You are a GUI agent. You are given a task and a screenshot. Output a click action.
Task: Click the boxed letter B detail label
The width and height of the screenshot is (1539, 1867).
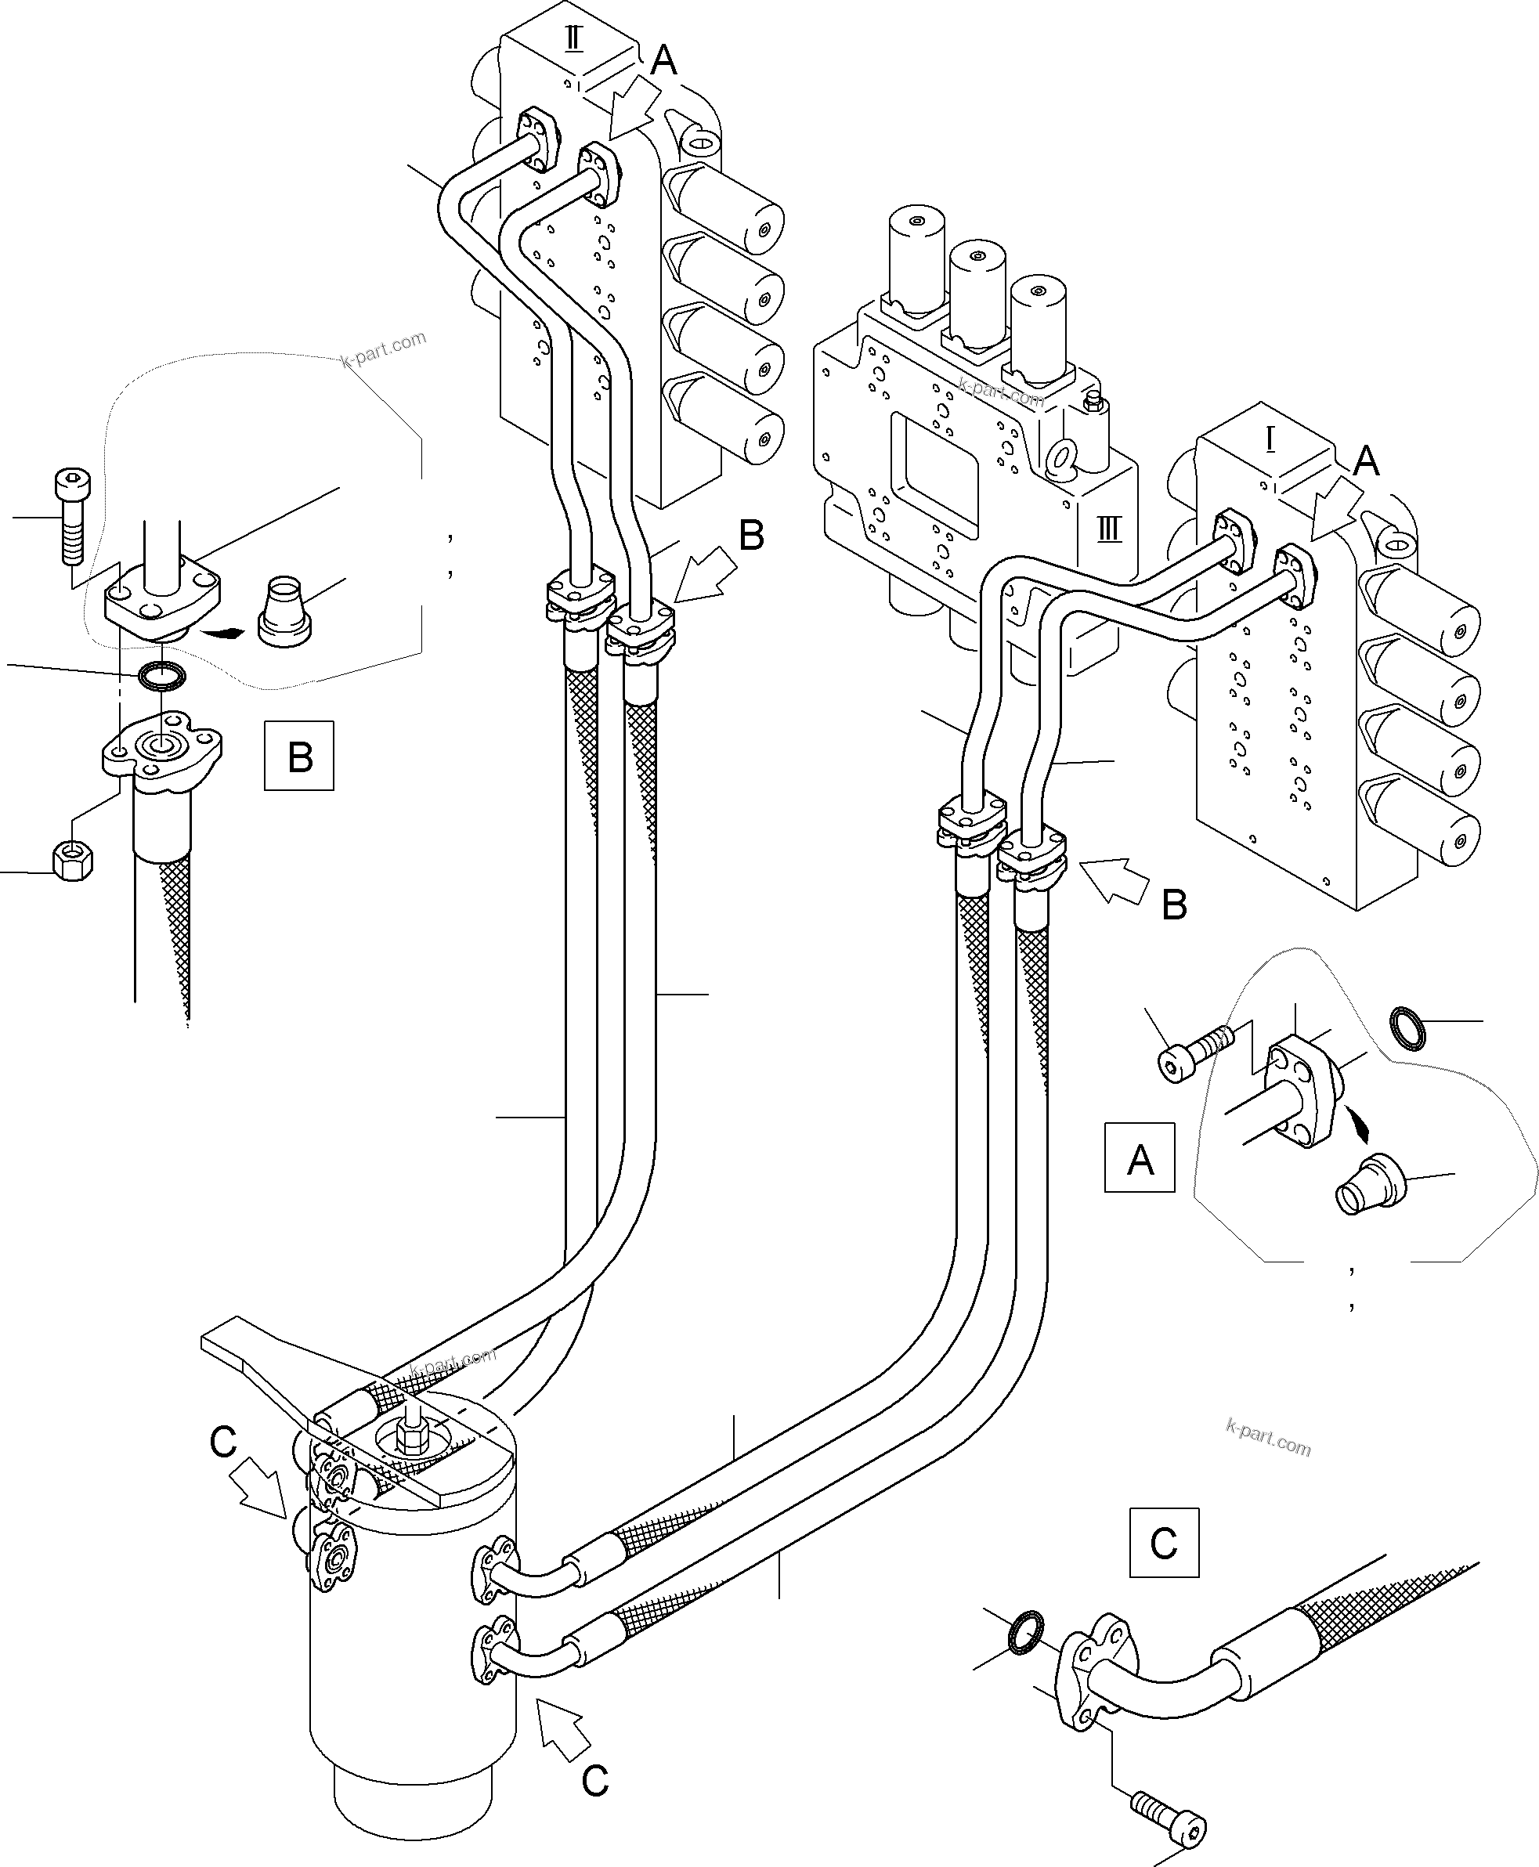298,757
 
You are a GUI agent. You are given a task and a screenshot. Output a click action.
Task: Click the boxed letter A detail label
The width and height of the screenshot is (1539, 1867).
1140,1157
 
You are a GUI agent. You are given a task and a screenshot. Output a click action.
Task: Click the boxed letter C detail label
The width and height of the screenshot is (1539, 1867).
1163,1544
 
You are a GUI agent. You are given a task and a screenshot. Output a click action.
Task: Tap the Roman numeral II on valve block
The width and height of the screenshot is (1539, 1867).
573,39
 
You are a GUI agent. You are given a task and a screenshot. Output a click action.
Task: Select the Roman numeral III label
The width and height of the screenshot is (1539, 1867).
1109,530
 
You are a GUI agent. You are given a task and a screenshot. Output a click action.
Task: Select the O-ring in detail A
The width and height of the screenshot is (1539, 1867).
1407,1027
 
